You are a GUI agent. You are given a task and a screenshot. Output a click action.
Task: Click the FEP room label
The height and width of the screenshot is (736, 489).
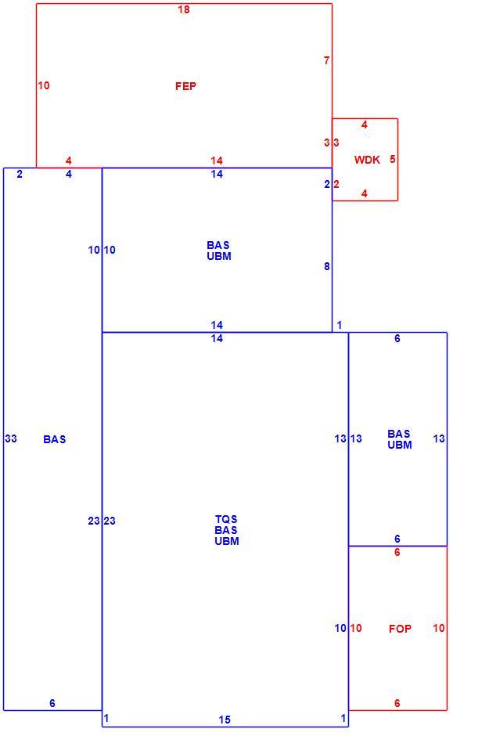click(185, 86)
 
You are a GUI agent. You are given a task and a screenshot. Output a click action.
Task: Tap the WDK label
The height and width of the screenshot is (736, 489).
click(367, 160)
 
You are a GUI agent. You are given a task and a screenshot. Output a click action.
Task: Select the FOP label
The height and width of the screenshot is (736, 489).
click(400, 629)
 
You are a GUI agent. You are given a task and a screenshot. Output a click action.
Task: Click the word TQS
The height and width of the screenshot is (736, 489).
click(226, 519)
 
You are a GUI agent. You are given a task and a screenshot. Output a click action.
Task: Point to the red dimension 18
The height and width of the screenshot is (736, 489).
click(184, 9)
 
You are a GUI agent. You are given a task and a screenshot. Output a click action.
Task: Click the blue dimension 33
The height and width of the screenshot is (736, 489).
click(11, 438)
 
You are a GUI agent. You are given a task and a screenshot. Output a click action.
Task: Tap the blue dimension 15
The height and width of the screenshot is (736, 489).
click(225, 720)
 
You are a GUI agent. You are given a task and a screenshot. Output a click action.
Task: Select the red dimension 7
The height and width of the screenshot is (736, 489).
click(327, 60)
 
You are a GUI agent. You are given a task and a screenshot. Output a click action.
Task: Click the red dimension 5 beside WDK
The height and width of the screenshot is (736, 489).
click(393, 159)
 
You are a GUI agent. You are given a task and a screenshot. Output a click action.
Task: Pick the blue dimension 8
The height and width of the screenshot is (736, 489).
click(327, 267)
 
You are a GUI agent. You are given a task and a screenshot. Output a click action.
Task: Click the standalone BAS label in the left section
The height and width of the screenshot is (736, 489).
click(55, 439)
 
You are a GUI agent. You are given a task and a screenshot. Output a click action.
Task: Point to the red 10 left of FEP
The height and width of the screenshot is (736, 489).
click(44, 85)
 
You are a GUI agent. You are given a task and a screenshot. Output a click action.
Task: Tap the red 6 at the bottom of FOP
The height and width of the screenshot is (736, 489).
click(397, 703)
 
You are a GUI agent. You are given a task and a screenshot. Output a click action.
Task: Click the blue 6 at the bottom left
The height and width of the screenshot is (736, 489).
click(52, 703)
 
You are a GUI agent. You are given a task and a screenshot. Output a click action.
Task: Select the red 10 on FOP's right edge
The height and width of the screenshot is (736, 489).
click(439, 628)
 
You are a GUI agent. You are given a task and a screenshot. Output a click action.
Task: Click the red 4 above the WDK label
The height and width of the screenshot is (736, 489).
click(365, 124)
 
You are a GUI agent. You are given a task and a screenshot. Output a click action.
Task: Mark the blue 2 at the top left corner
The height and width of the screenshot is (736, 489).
click(20, 174)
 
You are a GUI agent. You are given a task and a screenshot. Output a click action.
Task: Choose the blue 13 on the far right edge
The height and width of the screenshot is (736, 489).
click(439, 438)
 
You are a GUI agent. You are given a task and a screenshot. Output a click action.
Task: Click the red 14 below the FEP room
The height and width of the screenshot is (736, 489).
click(217, 161)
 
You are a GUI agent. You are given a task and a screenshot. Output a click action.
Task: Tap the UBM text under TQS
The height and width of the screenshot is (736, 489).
click(227, 541)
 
